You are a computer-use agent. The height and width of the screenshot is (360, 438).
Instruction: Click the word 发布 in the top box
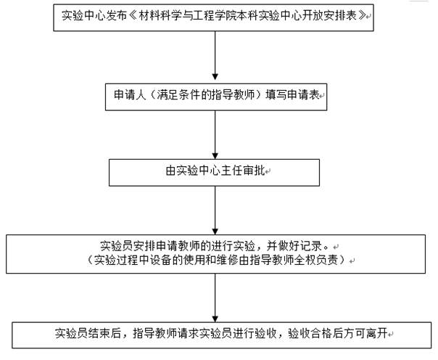coord(112,15)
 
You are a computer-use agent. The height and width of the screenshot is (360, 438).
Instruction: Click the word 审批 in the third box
coord(254,171)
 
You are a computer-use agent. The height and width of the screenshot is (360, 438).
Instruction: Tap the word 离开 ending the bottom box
coord(377,333)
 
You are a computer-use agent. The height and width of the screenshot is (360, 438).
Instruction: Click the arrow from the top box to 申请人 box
coord(215,56)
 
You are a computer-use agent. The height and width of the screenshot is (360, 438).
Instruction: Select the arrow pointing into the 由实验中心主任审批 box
coord(215,135)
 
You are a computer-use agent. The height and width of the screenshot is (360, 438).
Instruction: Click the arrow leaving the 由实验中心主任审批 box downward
coord(215,210)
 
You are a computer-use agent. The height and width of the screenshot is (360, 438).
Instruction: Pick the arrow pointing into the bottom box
coord(215,298)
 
